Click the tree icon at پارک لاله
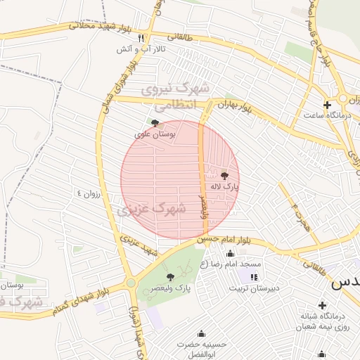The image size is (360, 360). [225, 176]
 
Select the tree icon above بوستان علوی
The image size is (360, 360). [155, 122]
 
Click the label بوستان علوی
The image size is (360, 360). [155, 133]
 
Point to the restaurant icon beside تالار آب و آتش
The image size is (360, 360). [141, 38]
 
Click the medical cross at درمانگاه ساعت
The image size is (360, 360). [327, 104]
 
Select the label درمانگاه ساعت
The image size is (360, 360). [328, 115]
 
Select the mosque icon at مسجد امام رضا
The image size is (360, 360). [230, 253]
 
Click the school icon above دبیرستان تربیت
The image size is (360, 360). [253, 277]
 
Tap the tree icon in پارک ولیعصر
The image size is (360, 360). [170, 277]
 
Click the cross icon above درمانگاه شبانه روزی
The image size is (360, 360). [322, 305]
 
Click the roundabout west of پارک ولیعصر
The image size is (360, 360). [131, 283]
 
